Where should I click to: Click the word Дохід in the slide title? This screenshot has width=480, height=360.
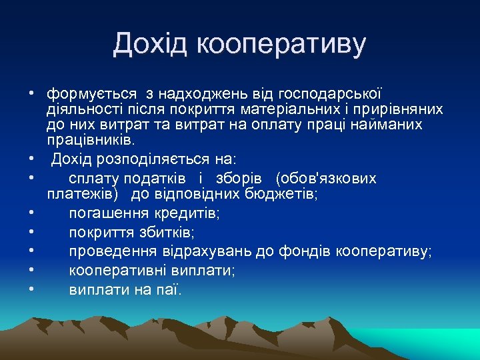coord(151,45)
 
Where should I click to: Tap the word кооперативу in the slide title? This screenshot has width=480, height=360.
coord(282,45)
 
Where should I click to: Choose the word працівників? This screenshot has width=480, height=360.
coord(91,141)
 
